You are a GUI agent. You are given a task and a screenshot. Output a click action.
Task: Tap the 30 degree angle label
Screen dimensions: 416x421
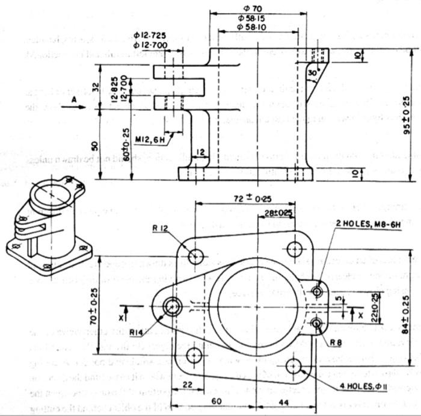pyautogui.click(x=312, y=73)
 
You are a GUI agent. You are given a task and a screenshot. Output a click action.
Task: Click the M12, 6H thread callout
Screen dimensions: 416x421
pyautogui.click(x=150, y=140)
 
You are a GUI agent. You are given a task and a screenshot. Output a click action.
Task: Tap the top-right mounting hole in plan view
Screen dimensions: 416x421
pyautogui.click(x=294, y=249)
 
